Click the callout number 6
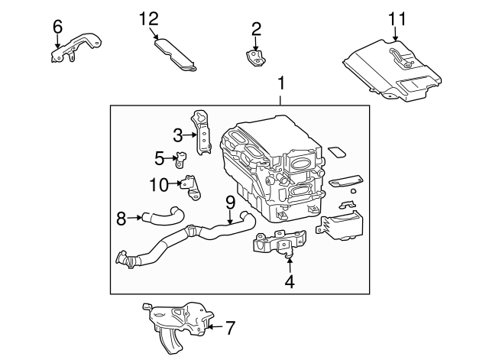57,27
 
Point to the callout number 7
230,328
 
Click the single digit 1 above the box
281,82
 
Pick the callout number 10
158,183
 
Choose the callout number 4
289,282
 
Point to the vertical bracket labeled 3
204,135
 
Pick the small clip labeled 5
181,161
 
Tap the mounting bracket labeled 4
275,243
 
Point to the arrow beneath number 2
256,44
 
